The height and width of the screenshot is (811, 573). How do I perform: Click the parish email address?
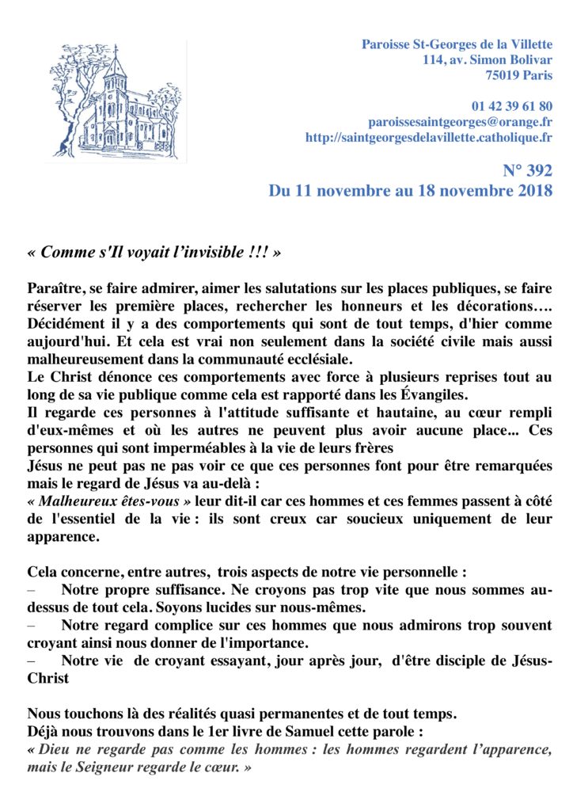460,122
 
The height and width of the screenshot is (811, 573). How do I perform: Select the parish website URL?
428,138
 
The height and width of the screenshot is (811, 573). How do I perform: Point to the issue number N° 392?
527,170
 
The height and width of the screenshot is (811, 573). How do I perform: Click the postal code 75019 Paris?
518,75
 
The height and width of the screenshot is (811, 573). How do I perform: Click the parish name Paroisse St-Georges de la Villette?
457,44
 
